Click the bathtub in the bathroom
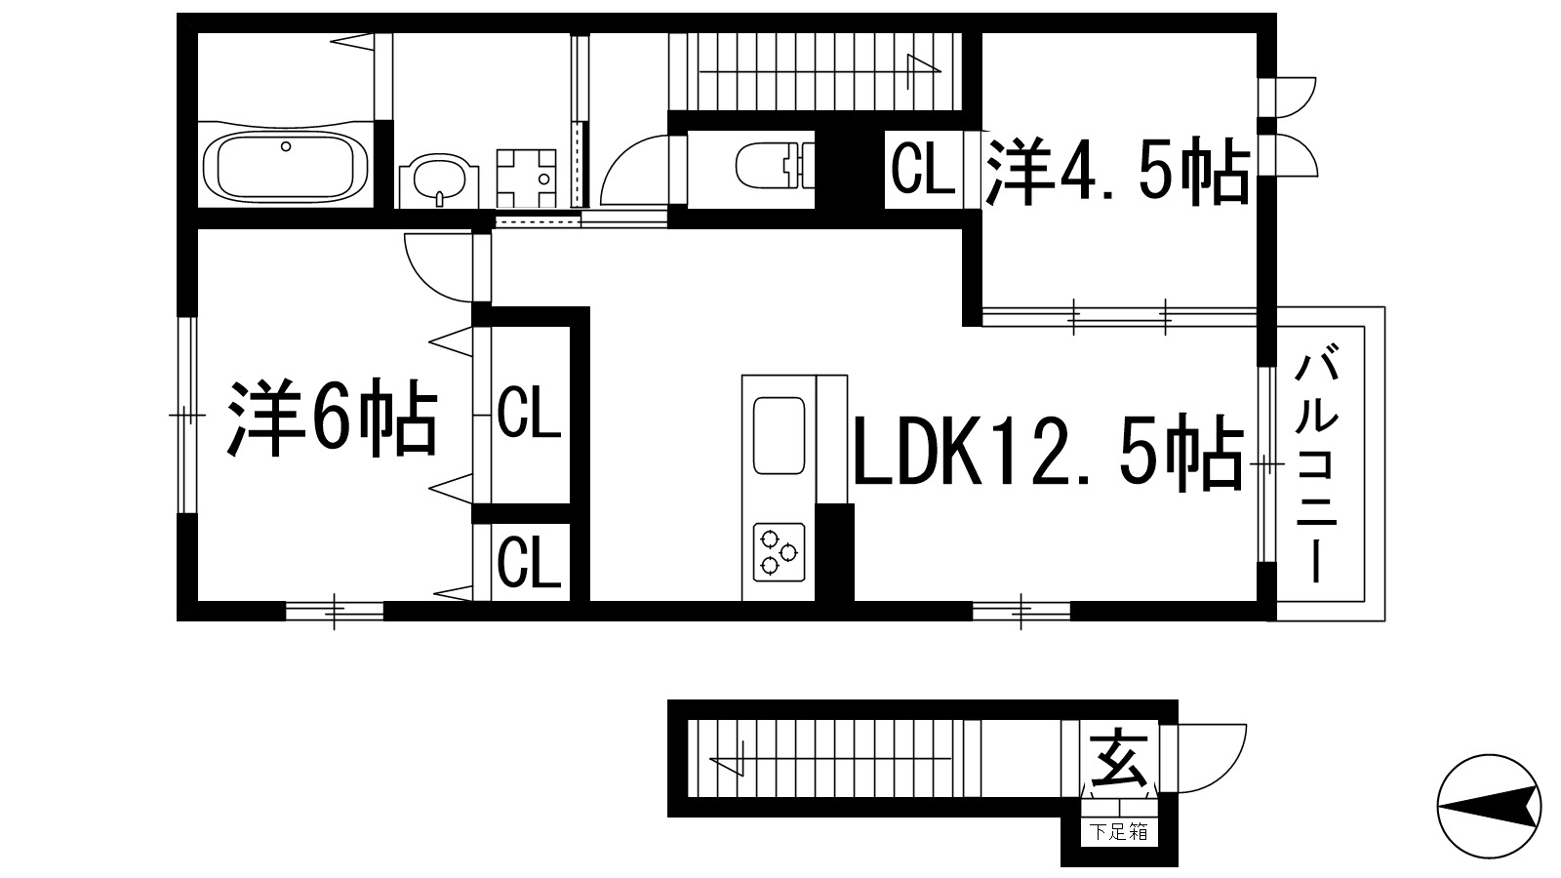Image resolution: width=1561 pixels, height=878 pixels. (x=285, y=165)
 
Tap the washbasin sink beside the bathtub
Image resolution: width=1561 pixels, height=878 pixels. (x=439, y=179)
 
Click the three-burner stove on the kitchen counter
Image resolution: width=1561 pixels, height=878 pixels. (x=779, y=549)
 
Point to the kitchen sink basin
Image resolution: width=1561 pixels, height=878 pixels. (x=779, y=434)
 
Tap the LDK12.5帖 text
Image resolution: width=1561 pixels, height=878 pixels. (x=1049, y=453)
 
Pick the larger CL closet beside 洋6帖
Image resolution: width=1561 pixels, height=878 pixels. (x=529, y=413)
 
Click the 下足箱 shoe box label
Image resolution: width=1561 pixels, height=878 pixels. (x=1119, y=832)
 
